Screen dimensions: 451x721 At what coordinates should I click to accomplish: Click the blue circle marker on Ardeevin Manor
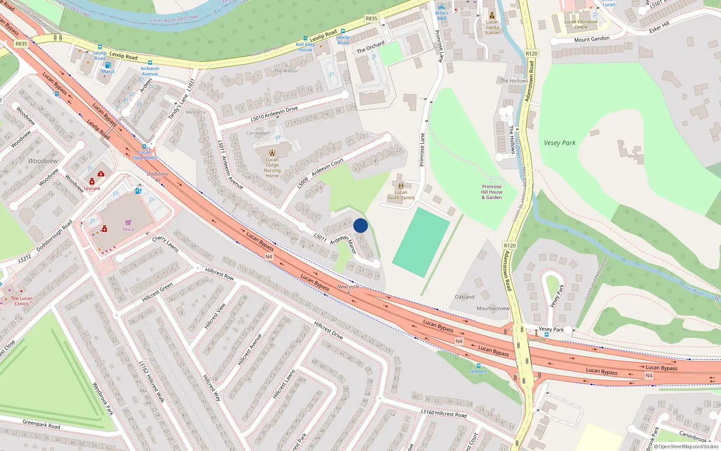click(x=360, y=225)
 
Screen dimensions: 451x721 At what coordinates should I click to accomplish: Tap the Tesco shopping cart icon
click(x=128, y=222)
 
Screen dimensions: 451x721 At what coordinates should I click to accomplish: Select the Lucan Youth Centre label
click(x=401, y=195)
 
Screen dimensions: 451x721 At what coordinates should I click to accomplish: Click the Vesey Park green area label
click(x=560, y=143)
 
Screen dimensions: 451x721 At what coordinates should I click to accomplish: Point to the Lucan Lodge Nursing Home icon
click(x=272, y=153)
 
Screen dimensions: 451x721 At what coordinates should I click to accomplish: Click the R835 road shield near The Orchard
click(x=371, y=18)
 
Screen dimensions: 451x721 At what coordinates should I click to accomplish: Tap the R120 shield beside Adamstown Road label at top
click(x=532, y=53)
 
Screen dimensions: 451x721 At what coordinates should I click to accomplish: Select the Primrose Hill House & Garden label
click(x=492, y=192)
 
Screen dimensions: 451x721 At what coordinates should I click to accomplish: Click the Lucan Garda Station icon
click(x=492, y=15)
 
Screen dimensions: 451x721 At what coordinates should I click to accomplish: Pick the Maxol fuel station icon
click(x=108, y=65)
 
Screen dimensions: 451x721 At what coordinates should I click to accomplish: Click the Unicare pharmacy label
click(x=92, y=189)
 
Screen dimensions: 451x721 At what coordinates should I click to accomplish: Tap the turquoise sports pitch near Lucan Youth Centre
click(x=421, y=242)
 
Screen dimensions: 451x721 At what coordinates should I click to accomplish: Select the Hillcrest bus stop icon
click(x=478, y=366)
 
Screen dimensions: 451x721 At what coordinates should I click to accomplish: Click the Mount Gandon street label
click(x=592, y=39)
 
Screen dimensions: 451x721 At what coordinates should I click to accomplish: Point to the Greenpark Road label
click(x=41, y=424)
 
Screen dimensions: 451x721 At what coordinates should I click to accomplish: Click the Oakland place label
click(x=464, y=297)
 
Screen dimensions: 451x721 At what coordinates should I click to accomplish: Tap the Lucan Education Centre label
click(x=581, y=24)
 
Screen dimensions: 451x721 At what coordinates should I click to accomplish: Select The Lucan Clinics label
click(x=21, y=301)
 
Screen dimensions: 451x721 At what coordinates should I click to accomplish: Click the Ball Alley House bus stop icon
click(x=306, y=39)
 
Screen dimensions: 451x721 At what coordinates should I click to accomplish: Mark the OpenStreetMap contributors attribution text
click(x=686, y=447)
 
